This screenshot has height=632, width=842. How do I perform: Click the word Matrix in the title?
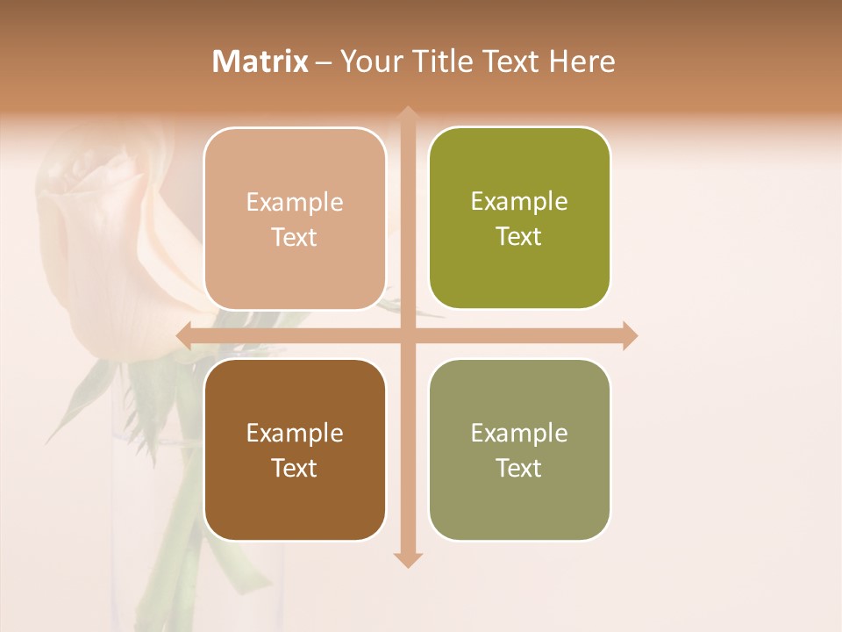click(260, 61)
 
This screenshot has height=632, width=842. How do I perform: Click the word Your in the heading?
click(368, 61)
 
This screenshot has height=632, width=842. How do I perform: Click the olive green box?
click(519, 218)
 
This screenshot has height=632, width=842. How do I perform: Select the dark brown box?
click(295, 449)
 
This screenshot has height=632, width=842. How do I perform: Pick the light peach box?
click(295, 218)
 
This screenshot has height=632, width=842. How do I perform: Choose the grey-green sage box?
click(519, 449)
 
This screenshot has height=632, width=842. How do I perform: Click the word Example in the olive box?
click(519, 201)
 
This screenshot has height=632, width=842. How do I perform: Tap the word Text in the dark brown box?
click(294, 468)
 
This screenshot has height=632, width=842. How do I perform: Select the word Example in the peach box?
click(295, 202)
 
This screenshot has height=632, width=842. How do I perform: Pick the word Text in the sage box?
click(518, 468)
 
